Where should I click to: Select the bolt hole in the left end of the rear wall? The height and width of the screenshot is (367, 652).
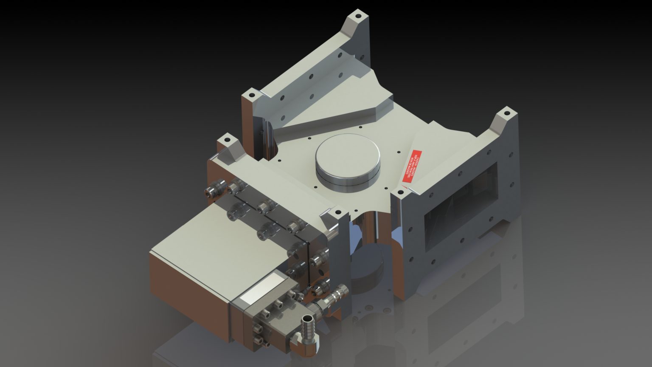251,94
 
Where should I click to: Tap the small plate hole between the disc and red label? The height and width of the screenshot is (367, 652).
398,151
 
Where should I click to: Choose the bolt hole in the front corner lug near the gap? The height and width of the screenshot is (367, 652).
338,211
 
